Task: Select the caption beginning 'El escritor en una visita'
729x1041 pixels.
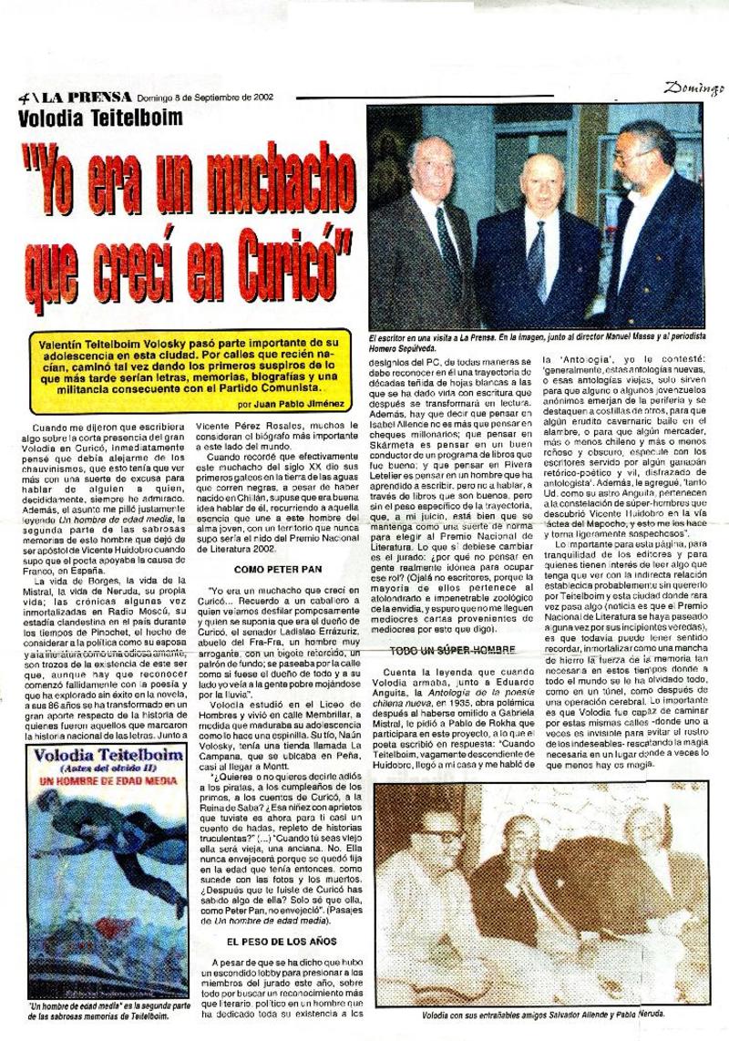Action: (x=533, y=342)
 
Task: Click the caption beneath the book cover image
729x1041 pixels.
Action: (x=96, y=1010)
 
